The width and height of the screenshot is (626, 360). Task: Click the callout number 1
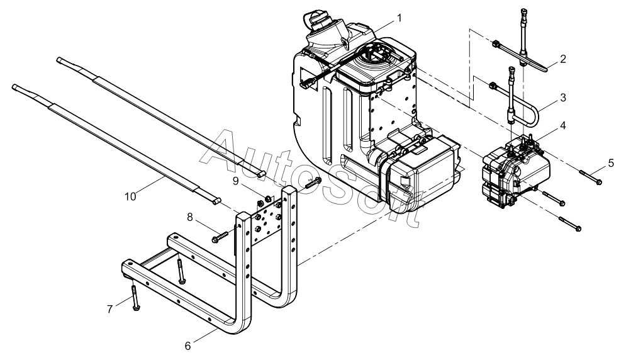[399, 18]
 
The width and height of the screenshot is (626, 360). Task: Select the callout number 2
[563, 59]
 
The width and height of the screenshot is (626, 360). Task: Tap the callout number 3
[563, 98]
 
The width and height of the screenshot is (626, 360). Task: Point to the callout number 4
[563, 125]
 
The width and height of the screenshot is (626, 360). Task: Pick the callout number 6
[187, 346]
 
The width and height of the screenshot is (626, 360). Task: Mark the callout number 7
[110, 309]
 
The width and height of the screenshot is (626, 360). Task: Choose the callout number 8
[190, 217]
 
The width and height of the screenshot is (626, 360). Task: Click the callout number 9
[235, 181]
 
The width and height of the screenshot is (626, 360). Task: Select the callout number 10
[130, 196]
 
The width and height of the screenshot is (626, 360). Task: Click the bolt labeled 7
[135, 298]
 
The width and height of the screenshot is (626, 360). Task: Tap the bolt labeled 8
[220, 237]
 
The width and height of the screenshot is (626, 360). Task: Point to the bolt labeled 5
[591, 177]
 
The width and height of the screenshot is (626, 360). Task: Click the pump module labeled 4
[516, 171]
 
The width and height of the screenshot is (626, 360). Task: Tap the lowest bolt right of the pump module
[570, 224]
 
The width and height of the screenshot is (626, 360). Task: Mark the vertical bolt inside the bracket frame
[181, 271]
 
